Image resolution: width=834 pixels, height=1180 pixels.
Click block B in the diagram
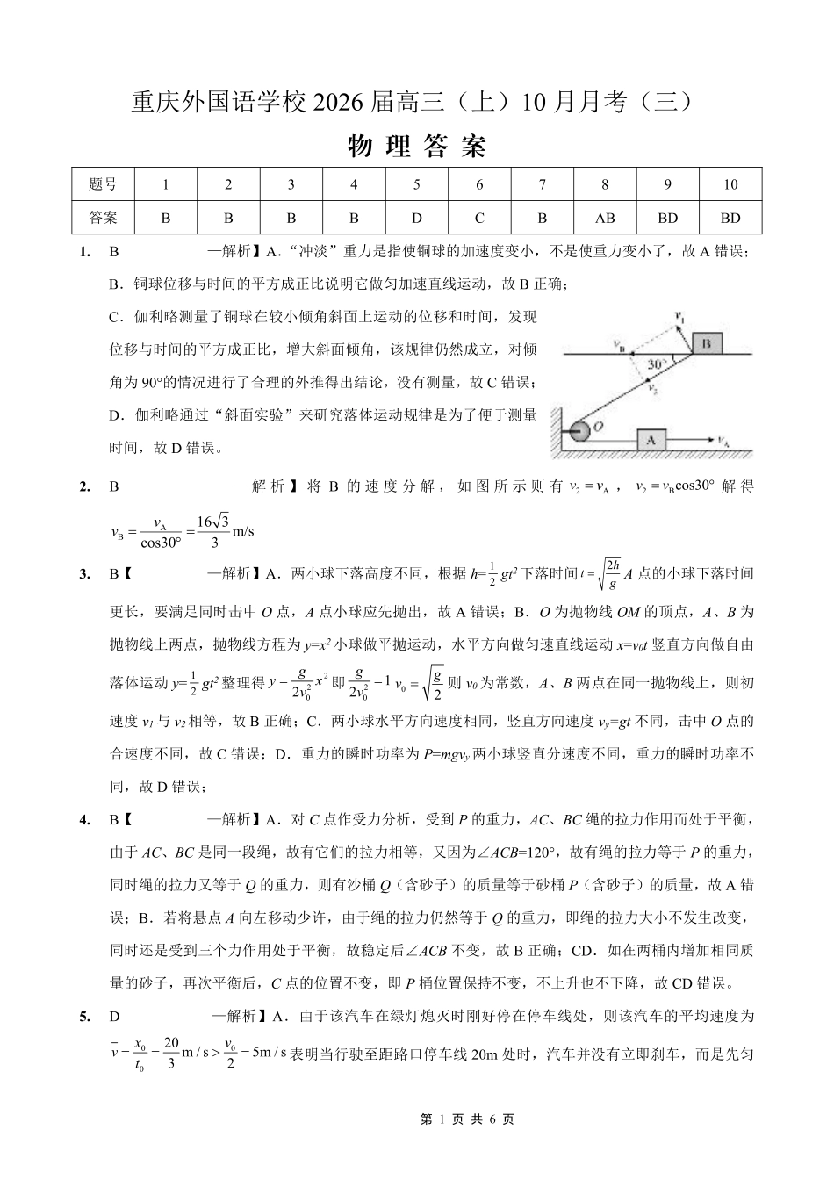(706, 343)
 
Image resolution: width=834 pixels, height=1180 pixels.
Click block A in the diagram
(651, 439)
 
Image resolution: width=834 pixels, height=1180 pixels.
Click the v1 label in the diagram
(679, 313)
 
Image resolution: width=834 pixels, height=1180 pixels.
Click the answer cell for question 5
(416, 218)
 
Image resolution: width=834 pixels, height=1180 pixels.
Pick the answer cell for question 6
(479, 218)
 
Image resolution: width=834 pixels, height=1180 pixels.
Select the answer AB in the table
(605, 218)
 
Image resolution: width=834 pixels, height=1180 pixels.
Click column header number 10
(730, 184)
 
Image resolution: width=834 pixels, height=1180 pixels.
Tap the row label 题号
(103, 184)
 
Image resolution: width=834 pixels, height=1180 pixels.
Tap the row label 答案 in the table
(103, 218)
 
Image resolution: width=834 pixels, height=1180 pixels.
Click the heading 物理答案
(417, 147)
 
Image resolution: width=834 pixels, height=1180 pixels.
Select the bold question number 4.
(84, 820)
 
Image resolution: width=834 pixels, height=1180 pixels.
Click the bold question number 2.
(84, 486)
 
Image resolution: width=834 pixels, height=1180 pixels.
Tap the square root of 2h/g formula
(606, 573)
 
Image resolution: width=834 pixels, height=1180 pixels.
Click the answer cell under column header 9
(667, 218)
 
